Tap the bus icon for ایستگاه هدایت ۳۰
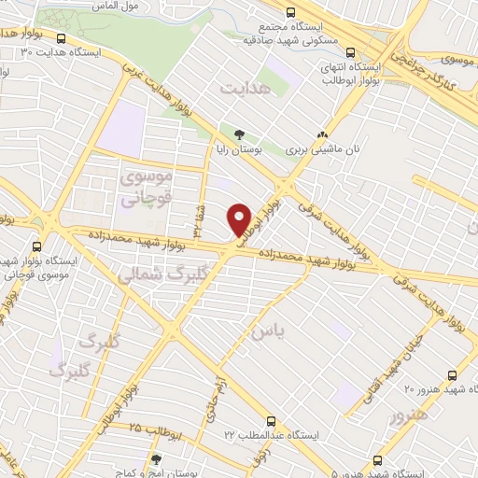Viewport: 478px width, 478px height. [x=61, y=39]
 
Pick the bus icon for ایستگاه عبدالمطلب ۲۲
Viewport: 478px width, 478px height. [x=272, y=421]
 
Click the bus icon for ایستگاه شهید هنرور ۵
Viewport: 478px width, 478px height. [x=376, y=460]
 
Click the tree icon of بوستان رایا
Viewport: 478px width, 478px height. [x=239, y=134]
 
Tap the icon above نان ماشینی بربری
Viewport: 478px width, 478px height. [x=322, y=134]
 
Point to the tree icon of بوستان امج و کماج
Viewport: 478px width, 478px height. [x=156, y=459]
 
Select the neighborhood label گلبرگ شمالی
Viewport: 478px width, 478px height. [x=153, y=274]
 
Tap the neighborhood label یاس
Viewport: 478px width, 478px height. [x=264, y=330]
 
